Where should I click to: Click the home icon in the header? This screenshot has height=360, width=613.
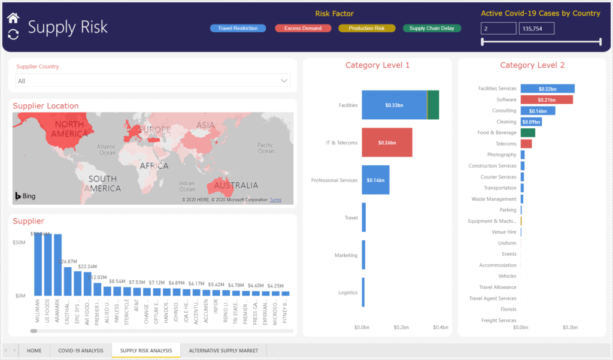pos(13,18)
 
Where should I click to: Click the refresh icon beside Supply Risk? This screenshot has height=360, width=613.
pos(13,34)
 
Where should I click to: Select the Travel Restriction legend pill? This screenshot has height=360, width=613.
pos(238,28)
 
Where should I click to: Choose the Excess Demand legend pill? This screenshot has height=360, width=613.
pos(303,28)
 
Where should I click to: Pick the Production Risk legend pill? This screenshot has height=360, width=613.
pos(366,28)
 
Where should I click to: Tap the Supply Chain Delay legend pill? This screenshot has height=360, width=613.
pos(432,28)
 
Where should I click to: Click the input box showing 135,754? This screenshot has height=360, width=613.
pos(536,28)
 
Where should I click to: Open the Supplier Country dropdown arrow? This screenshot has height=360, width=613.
pos(284,80)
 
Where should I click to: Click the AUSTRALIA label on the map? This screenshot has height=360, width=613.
pos(236,186)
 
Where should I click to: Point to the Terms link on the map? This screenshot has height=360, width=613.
pos(275,200)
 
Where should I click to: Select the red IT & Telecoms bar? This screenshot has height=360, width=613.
pos(387,143)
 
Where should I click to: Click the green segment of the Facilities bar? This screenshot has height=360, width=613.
pos(433,105)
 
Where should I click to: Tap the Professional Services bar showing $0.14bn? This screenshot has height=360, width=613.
pos(375,180)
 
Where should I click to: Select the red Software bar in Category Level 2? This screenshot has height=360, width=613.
pos(546,99)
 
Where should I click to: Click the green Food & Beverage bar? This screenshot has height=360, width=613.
pos(527,132)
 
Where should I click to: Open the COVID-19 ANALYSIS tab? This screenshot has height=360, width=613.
pos(80,350)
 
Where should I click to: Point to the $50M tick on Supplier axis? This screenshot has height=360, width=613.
pos(20,242)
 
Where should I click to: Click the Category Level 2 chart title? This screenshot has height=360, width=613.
pos(532,65)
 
